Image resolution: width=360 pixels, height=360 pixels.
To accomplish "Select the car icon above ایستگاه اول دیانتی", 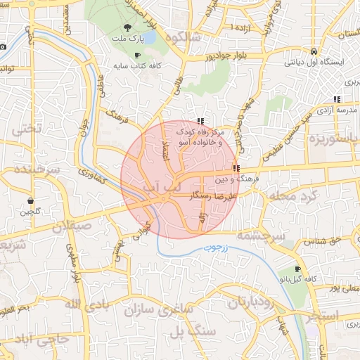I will [312, 51].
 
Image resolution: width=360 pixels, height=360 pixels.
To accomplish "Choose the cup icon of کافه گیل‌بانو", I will [298, 269].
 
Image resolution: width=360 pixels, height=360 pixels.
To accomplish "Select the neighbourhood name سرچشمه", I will [261, 236].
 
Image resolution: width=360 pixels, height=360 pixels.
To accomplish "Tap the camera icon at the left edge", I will [3, 46].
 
